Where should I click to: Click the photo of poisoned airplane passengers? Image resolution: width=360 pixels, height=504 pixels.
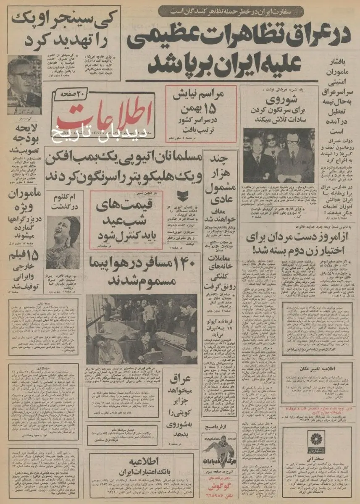pyautogui.click(x=142, y=329)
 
